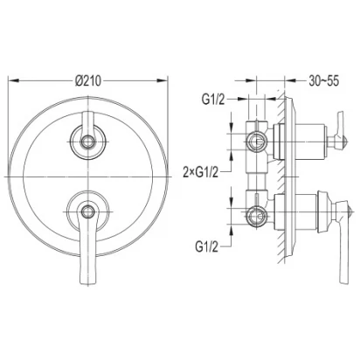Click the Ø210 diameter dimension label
(x=88, y=80)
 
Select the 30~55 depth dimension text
(x=324, y=80)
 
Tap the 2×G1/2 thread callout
(x=201, y=172)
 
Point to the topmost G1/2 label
(x=213, y=100)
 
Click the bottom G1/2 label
(x=206, y=247)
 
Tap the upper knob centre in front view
(x=88, y=142)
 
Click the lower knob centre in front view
(x=88, y=211)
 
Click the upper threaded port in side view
(x=256, y=142)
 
